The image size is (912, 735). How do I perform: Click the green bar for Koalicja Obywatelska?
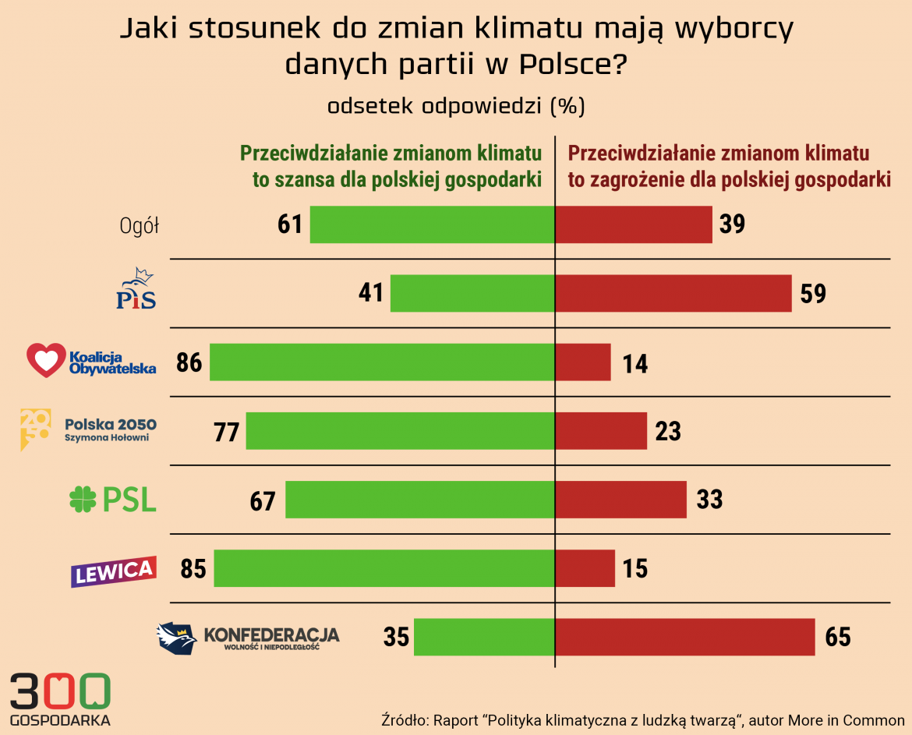click(x=382, y=362)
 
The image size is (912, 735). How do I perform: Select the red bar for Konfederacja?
click(x=684, y=637)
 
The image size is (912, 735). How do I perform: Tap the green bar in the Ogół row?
click(x=432, y=224)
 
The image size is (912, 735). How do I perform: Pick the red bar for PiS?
click(x=673, y=293)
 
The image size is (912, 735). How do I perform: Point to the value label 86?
click(x=189, y=362)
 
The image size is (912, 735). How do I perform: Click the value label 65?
click(x=838, y=638)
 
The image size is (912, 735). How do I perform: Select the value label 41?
click(x=371, y=293)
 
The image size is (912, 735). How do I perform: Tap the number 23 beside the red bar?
click(x=668, y=431)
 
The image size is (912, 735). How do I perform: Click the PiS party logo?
click(x=136, y=289)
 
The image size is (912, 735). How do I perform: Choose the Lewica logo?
click(x=115, y=571)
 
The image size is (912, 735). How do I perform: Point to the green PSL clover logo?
click(x=83, y=500)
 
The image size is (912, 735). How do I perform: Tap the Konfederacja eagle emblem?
click(x=176, y=638)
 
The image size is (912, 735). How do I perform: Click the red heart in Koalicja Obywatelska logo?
click(x=46, y=360)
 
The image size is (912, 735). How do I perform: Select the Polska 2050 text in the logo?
click(x=111, y=425)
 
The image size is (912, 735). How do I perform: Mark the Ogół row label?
click(x=140, y=226)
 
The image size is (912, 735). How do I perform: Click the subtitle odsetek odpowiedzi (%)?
click(x=456, y=106)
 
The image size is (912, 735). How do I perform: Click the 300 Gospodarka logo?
click(x=60, y=698)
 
